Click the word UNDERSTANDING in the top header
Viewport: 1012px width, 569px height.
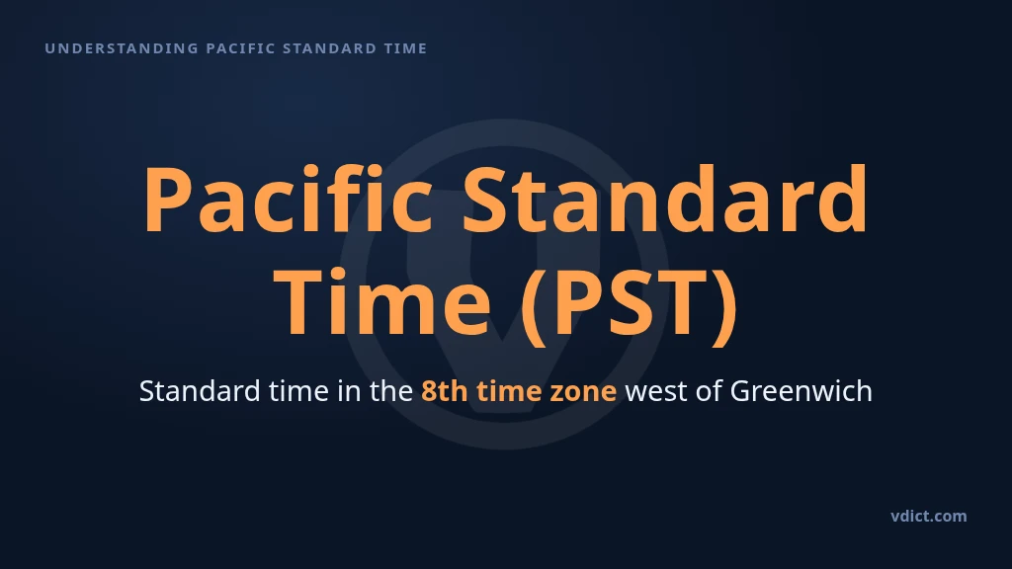tap(122, 48)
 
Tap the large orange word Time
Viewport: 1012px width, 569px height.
tap(382, 301)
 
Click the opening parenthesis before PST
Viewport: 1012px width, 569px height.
tap(531, 304)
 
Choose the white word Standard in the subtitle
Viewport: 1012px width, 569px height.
tap(200, 391)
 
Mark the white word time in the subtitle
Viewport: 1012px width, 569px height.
tap(298, 391)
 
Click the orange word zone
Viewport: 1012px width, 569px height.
tap(583, 391)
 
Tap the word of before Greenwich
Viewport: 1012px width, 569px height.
tap(709, 391)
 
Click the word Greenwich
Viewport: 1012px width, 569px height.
tap(801, 391)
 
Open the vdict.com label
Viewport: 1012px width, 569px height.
tap(929, 516)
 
